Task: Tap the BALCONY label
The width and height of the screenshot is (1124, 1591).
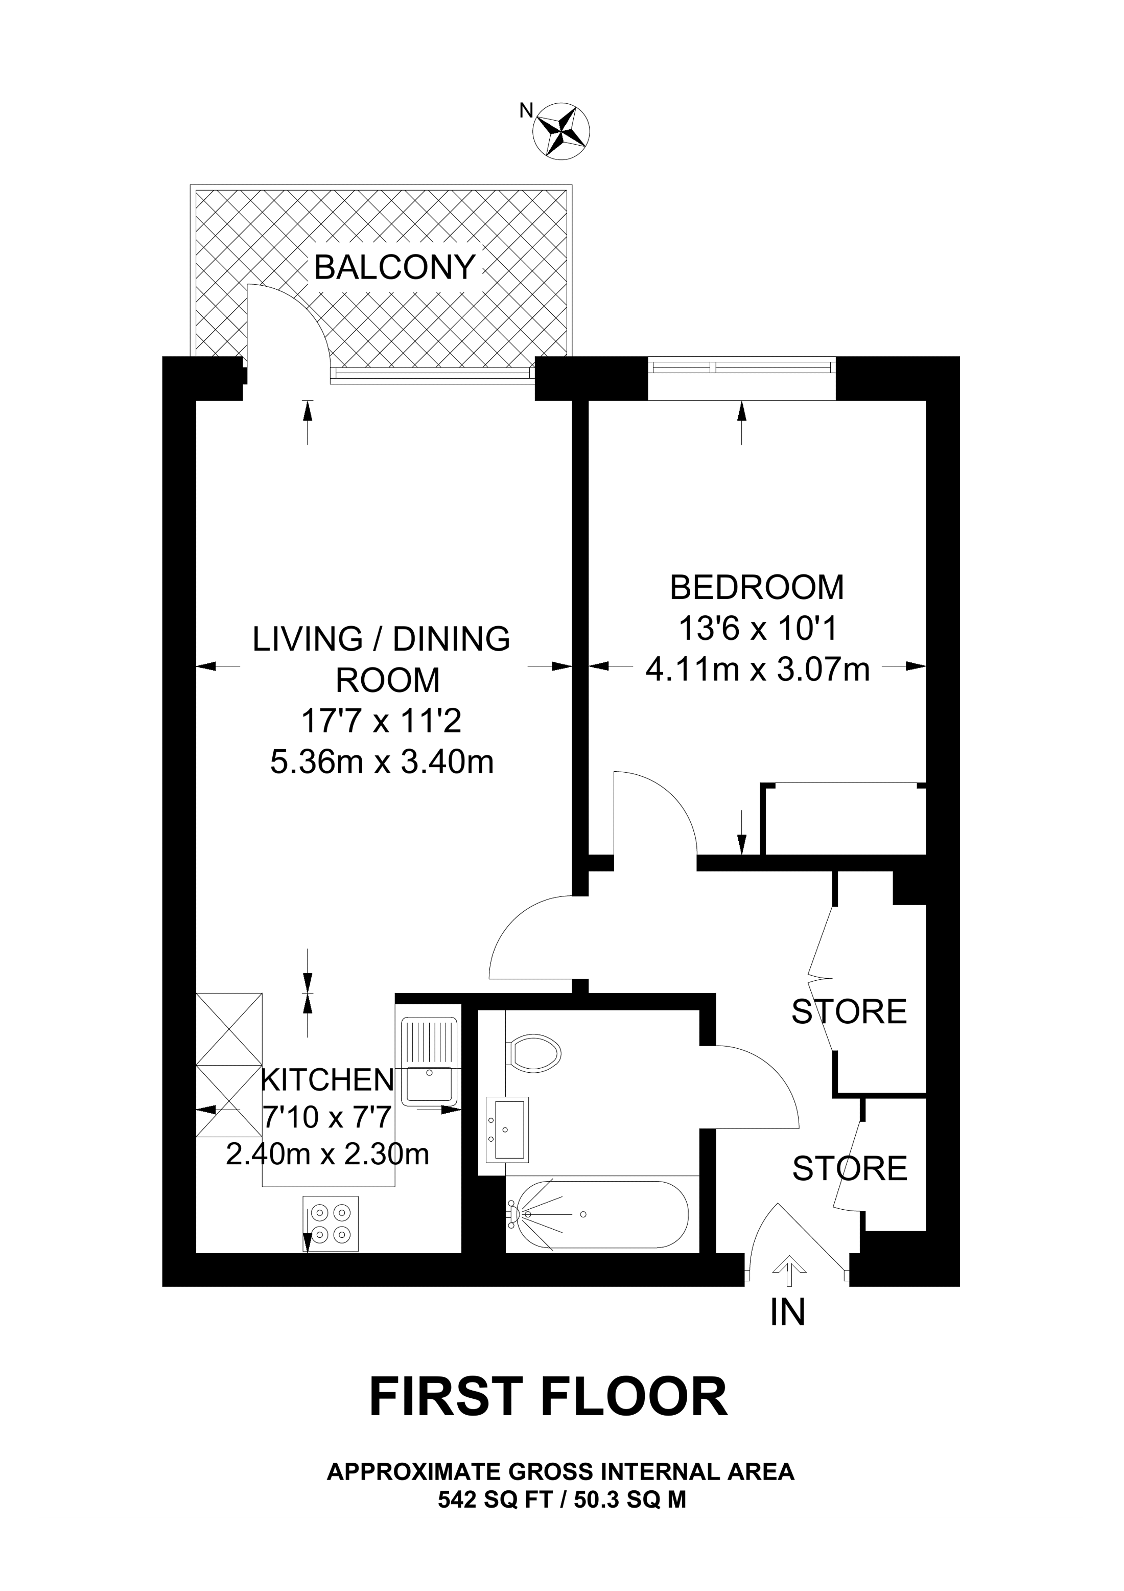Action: click(x=395, y=267)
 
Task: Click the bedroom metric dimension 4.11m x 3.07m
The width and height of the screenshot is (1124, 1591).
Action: click(x=758, y=670)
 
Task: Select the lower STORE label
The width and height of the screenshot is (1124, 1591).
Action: click(x=850, y=1169)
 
